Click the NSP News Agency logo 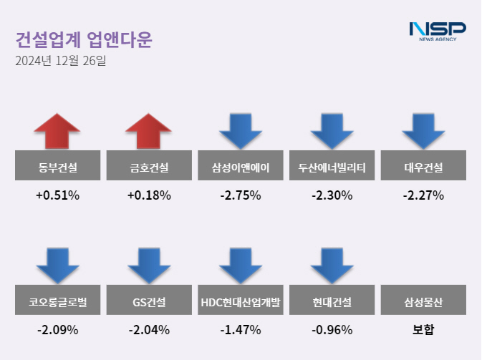[x=437, y=31]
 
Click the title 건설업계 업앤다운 [x=84, y=39]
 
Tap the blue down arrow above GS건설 [x=149, y=266]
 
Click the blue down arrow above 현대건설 [x=332, y=266]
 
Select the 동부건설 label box [x=58, y=169]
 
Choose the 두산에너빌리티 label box [x=332, y=169]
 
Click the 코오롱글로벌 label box [x=58, y=303]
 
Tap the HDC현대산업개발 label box [x=241, y=303]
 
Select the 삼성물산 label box [x=424, y=303]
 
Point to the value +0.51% [x=58, y=195]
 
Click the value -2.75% [x=241, y=195]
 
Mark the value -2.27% [x=424, y=195]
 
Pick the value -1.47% [x=241, y=330]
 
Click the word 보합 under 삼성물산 [x=424, y=330]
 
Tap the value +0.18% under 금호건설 [x=149, y=195]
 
